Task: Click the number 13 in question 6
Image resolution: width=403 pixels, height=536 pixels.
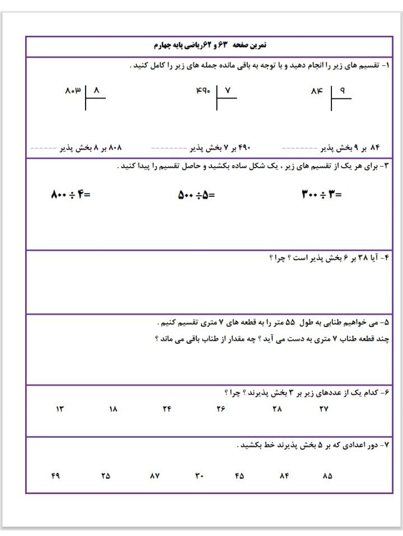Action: point(60,409)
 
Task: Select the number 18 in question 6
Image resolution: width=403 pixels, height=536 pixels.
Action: point(113,409)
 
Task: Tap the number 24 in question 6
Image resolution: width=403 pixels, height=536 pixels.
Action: point(167,409)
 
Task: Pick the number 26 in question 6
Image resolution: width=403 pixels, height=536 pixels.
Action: point(221,409)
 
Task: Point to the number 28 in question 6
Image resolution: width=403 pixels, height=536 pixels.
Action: point(277,409)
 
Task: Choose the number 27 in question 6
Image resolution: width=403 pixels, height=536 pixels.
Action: point(324,409)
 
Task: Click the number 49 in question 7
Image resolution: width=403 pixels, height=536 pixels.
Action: point(55,476)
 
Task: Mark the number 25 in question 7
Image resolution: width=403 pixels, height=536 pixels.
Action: point(105,476)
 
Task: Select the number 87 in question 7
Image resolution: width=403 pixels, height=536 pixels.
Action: point(155,476)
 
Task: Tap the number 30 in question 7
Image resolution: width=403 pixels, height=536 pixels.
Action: point(199,476)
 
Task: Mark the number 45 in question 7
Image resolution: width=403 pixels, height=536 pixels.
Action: point(240,476)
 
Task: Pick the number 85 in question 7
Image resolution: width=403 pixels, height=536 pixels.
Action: point(327,476)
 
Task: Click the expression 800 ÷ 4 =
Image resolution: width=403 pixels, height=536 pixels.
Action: point(71,195)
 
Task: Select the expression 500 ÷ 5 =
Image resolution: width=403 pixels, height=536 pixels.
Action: point(196,195)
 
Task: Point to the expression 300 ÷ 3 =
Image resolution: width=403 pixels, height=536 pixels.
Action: point(322,195)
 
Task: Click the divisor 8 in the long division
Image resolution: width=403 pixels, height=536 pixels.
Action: point(96,89)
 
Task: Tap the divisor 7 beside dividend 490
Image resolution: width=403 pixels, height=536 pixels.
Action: point(228,89)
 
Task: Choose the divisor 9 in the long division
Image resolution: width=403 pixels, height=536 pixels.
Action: point(343,89)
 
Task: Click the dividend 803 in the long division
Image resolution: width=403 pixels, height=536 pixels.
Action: point(73,89)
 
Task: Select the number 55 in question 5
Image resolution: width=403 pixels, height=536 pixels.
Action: point(290,323)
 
